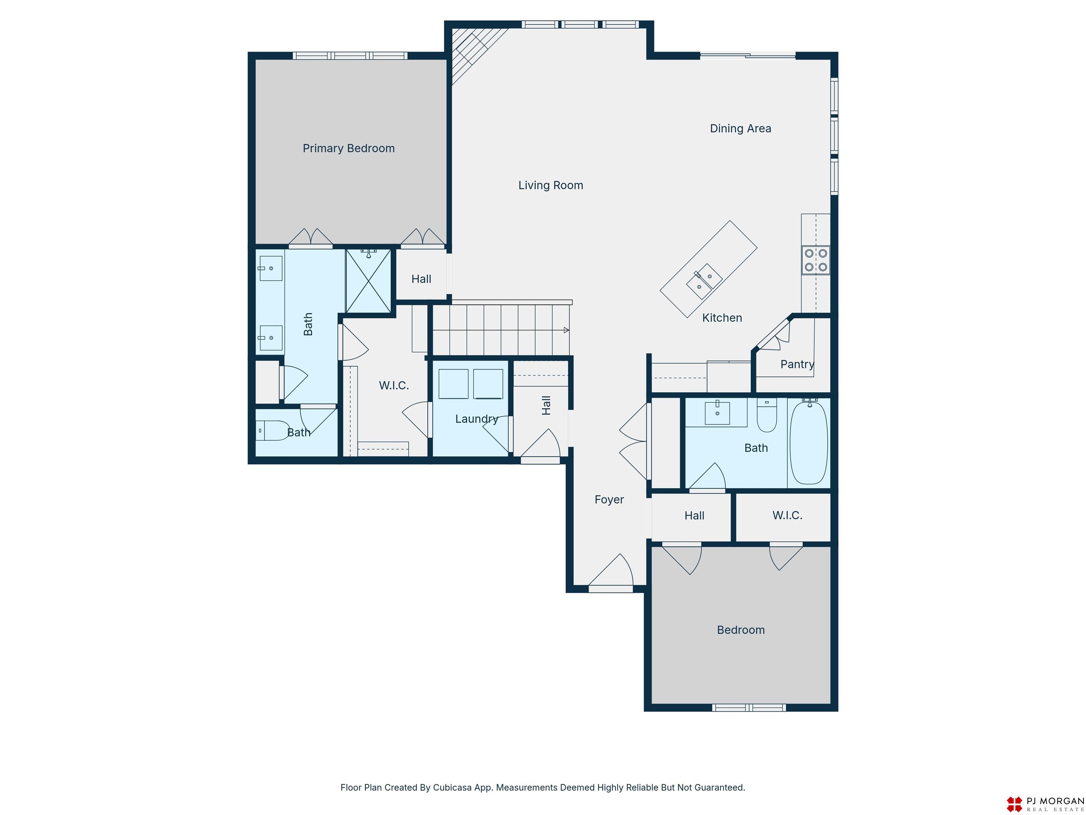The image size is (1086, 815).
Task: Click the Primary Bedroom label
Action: pyautogui.click(x=349, y=148)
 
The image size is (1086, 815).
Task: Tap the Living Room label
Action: pyautogui.click(x=551, y=185)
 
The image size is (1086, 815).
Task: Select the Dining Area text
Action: pyautogui.click(x=740, y=129)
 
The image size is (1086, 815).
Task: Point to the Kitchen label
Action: pyautogui.click(x=722, y=318)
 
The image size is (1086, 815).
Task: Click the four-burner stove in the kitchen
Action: pyautogui.click(x=816, y=260)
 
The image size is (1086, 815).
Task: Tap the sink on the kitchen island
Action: pyautogui.click(x=704, y=281)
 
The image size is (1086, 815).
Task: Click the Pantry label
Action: pyautogui.click(x=797, y=364)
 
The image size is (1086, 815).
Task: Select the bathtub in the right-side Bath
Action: pyautogui.click(x=808, y=443)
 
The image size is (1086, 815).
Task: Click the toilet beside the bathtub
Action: pyautogui.click(x=767, y=415)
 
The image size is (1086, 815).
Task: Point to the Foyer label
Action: pyautogui.click(x=609, y=499)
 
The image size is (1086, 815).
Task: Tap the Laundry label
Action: pyautogui.click(x=477, y=419)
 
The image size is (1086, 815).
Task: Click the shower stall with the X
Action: pyautogui.click(x=368, y=281)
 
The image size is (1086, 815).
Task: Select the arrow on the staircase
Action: pyautogui.click(x=566, y=330)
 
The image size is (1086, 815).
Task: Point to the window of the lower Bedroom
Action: pyautogui.click(x=749, y=708)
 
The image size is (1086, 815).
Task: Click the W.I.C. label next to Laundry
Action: pyautogui.click(x=394, y=386)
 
